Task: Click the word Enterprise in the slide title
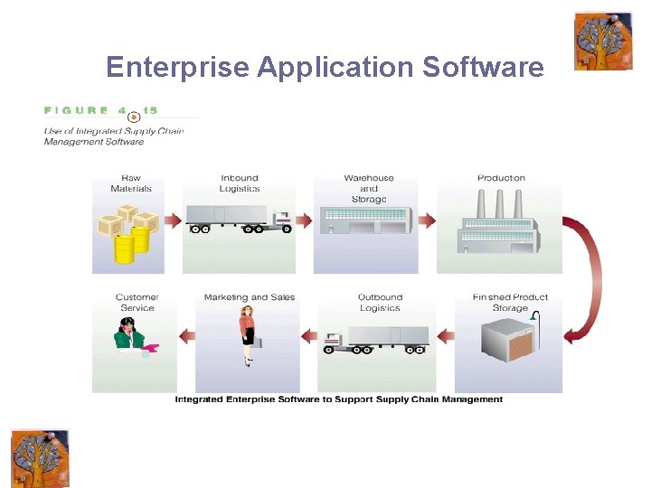pos(177,67)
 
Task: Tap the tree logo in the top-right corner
pos(603,41)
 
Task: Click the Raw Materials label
pos(131,183)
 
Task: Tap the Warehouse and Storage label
pos(368,188)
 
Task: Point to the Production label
pos(501,178)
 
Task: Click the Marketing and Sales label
pos(249,297)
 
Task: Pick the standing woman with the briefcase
pos(248,334)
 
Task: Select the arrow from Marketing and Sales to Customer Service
pos(187,336)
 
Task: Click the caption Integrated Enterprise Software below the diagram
pos(338,399)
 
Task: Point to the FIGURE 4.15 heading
pos(100,111)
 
